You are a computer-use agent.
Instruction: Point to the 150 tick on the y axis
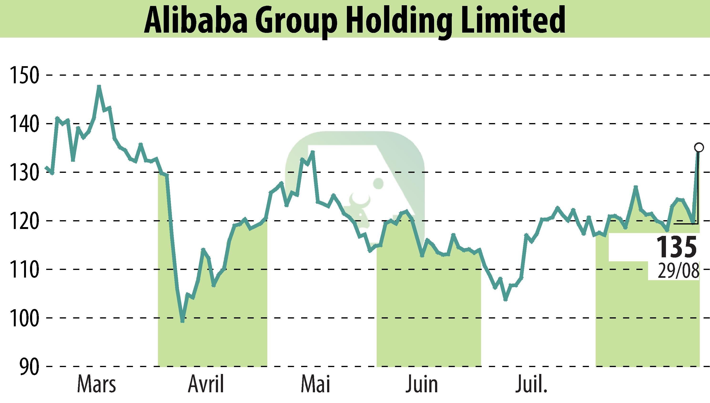pyautogui.click(x=24, y=75)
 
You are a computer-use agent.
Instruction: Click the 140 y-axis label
pyautogui.click(x=24, y=124)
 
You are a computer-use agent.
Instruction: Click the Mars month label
pyautogui.click(x=96, y=384)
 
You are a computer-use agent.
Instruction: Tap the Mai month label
pyautogui.click(x=315, y=384)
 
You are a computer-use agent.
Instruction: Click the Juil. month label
pyautogui.click(x=531, y=384)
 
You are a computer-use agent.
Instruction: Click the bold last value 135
pyautogui.click(x=676, y=247)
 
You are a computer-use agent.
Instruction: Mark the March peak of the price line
pyautogui.click(x=99, y=86)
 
